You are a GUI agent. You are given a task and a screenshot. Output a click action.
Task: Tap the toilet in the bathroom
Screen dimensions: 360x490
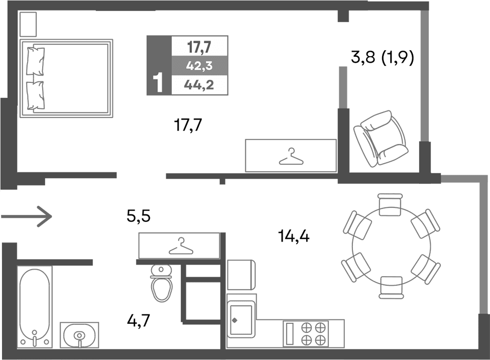[161, 285]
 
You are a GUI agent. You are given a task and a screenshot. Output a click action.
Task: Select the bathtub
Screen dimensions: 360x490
[34, 306]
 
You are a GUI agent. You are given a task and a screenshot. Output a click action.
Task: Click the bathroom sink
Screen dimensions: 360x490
[79, 334]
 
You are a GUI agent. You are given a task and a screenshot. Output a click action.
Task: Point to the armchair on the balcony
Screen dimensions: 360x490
[380, 139]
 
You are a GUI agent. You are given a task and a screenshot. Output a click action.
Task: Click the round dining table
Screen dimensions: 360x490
[392, 246]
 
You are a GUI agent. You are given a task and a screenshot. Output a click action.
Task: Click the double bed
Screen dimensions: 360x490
[65, 78]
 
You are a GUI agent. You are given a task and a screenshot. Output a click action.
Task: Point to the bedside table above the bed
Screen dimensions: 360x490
[29, 24]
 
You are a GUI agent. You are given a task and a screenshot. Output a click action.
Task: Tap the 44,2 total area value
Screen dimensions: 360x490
[199, 84]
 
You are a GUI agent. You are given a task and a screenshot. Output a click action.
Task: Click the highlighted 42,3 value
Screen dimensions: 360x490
[199, 66]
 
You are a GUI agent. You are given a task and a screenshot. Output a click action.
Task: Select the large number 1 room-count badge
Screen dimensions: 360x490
[159, 83]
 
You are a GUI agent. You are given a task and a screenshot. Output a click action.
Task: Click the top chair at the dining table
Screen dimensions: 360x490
[391, 204]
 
